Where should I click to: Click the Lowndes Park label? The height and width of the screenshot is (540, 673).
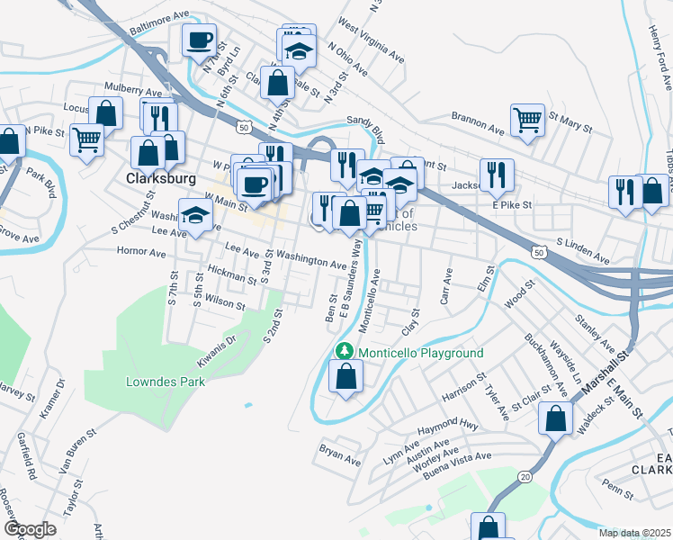pos(165,382)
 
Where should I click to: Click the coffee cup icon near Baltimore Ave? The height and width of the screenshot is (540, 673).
pos(199,40)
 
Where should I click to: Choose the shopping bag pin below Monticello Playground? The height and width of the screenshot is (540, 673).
pos(345,377)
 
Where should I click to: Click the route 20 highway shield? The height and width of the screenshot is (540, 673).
pos(525,473)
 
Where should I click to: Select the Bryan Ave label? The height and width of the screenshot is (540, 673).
pos(340,453)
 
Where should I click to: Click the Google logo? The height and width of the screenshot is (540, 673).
pos(30,529)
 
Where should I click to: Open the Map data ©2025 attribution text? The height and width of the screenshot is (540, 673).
pos(633,533)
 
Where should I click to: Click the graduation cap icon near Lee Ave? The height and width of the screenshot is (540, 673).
pos(194,217)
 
